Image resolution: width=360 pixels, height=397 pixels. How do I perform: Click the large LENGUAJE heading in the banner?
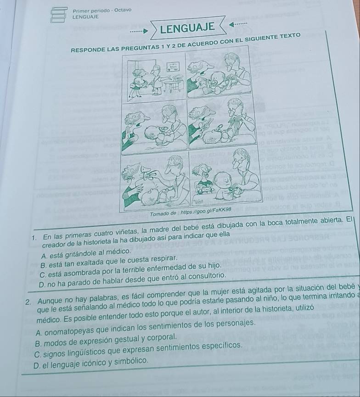[187, 28]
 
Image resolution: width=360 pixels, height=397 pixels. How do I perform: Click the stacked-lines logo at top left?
[58, 14]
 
